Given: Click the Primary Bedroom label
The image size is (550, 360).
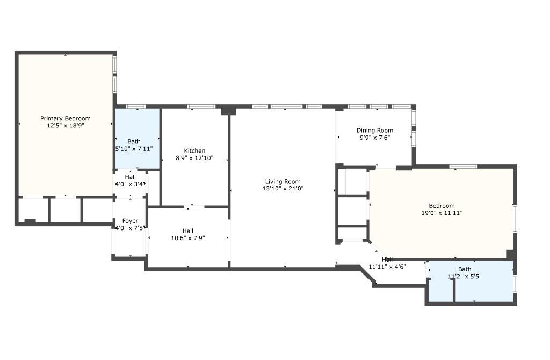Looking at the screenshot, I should tap(66, 118).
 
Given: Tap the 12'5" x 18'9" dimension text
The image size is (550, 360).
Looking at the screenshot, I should tap(66, 125).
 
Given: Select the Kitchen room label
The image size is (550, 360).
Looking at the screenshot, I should tap(194, 151).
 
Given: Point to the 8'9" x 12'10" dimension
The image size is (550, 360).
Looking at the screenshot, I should tap(194, 158).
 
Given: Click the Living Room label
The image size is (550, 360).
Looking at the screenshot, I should tap(283, 182).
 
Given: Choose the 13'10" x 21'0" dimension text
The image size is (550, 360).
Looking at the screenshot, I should tap(283, 189).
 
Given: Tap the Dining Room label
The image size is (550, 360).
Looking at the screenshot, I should tap(375, 131).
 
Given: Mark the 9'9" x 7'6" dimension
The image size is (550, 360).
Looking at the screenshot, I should tap(375, 138).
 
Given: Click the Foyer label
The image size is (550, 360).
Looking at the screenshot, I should tap(130, 221).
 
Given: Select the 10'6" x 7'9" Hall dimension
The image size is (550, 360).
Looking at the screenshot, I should tap(187, 238).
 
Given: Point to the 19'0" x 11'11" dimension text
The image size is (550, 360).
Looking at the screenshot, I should tap(442, 213).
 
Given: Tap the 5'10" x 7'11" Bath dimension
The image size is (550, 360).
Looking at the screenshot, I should tap(134, 149).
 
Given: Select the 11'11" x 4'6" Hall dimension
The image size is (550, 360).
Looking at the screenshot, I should tap(387, 267).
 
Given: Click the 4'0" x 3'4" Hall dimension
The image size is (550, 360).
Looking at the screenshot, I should tap(131, 184).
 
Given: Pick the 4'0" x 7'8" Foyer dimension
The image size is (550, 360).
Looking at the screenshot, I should tap(131, 228).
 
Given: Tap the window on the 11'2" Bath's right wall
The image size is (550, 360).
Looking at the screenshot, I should tap(515, 283).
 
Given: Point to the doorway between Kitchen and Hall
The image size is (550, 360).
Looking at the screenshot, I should tap(194, 206).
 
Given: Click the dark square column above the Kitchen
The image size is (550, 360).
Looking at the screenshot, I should tap(229, 110).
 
